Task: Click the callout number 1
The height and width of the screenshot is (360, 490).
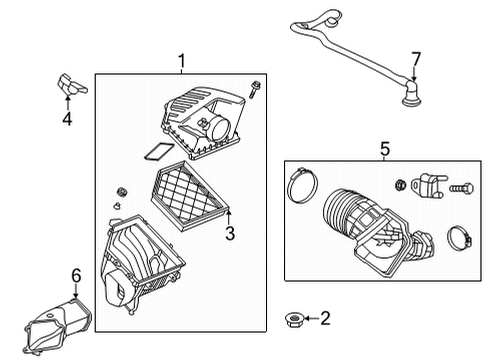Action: point(181,62)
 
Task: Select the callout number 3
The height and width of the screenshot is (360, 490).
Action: point(229,234)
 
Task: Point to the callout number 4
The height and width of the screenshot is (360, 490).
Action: point(66,120)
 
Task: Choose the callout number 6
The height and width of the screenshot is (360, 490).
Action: point(76,274)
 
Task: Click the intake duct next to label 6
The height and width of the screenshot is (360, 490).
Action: point(58,325)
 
